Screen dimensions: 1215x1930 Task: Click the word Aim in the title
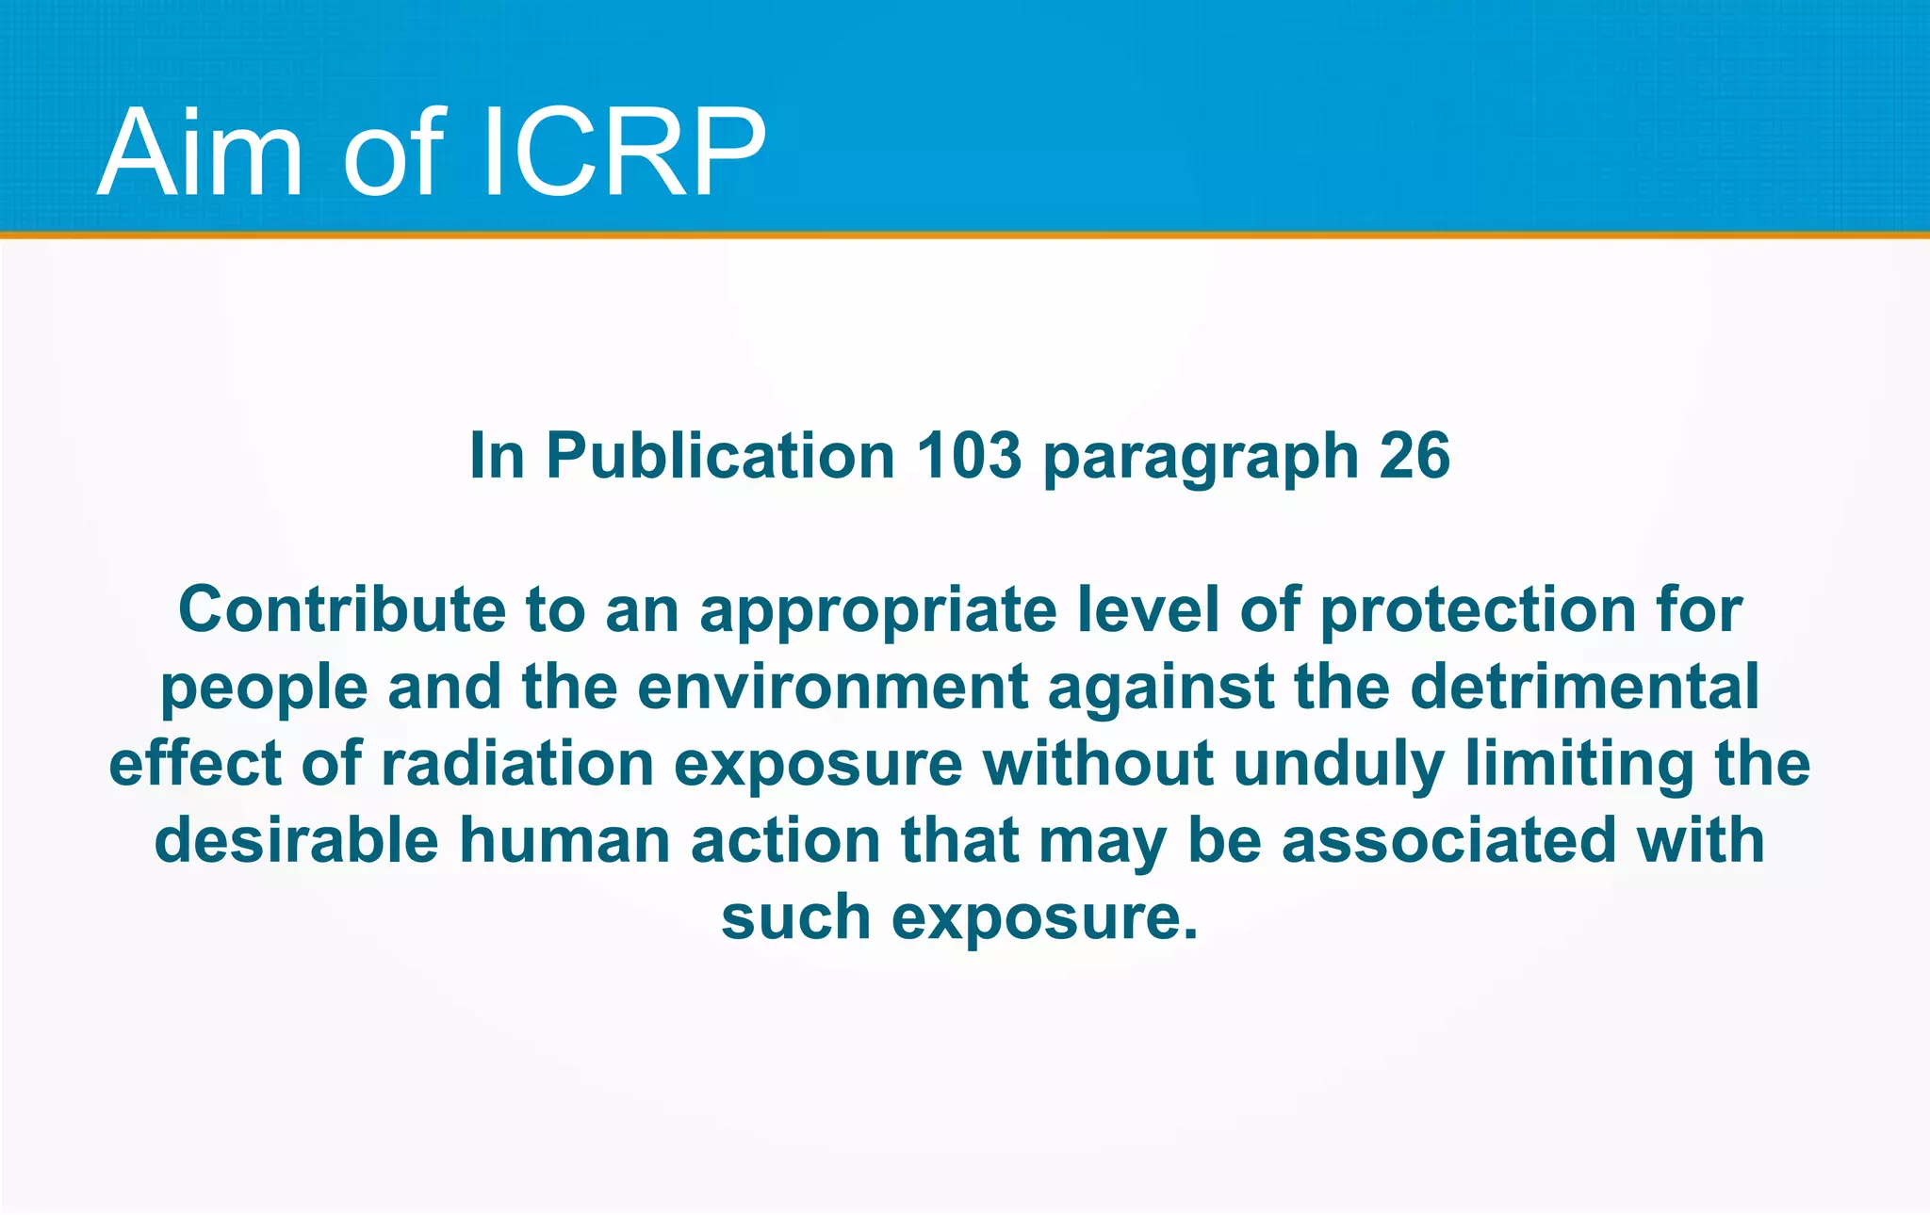[x=200, y=153]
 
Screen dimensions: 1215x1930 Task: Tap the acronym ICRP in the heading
[x=623, y=153]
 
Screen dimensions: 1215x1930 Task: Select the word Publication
[x=720, y=456]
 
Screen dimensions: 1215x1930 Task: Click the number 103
[x=969, y=456]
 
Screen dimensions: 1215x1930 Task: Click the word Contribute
[x=342, y=609]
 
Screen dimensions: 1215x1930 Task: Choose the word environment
[x=832, y=687]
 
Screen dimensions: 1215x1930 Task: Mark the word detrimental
[x=1584, y=687]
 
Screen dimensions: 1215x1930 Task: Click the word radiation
[x=517, y=763]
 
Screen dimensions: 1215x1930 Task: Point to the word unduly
[x=1338, y=765]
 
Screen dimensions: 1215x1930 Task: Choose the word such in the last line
[x=795, y=917]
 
